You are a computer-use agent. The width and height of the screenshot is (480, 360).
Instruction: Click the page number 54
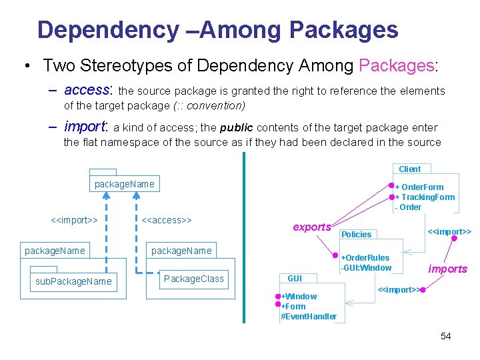[x=445, y=336]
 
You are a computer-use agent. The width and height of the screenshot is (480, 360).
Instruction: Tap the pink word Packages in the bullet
[x=396, y=66]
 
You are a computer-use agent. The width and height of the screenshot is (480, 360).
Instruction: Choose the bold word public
[x=237, y=128]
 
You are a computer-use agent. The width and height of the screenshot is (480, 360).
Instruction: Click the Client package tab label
[x=410, y=169]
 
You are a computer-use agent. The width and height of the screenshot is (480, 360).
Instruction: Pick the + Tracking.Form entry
[x=425, y=197]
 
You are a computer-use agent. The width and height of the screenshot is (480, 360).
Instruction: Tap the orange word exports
[x=312, y=227]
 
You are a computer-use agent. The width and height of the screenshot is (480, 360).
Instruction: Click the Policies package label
[x=356, y=235]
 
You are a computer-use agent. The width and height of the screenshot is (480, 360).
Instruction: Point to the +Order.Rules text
[x=365, y=258]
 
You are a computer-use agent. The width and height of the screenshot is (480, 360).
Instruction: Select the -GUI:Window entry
[x=366, y=268]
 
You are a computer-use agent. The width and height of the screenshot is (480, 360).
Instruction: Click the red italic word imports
[x=447, y=269]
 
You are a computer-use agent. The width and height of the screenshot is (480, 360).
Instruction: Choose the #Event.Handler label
[x=309, y=317]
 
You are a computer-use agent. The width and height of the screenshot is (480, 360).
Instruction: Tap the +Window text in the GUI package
[x=299, y=297]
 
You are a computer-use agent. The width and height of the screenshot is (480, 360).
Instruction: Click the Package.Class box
[x=193, y=279]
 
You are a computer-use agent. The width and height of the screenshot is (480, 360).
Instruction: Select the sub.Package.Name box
[x=73, y=282]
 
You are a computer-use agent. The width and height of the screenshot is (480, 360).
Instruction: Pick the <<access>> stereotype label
[x=167, y=219]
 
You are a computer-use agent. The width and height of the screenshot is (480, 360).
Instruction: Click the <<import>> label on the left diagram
[x=75, y=219]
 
